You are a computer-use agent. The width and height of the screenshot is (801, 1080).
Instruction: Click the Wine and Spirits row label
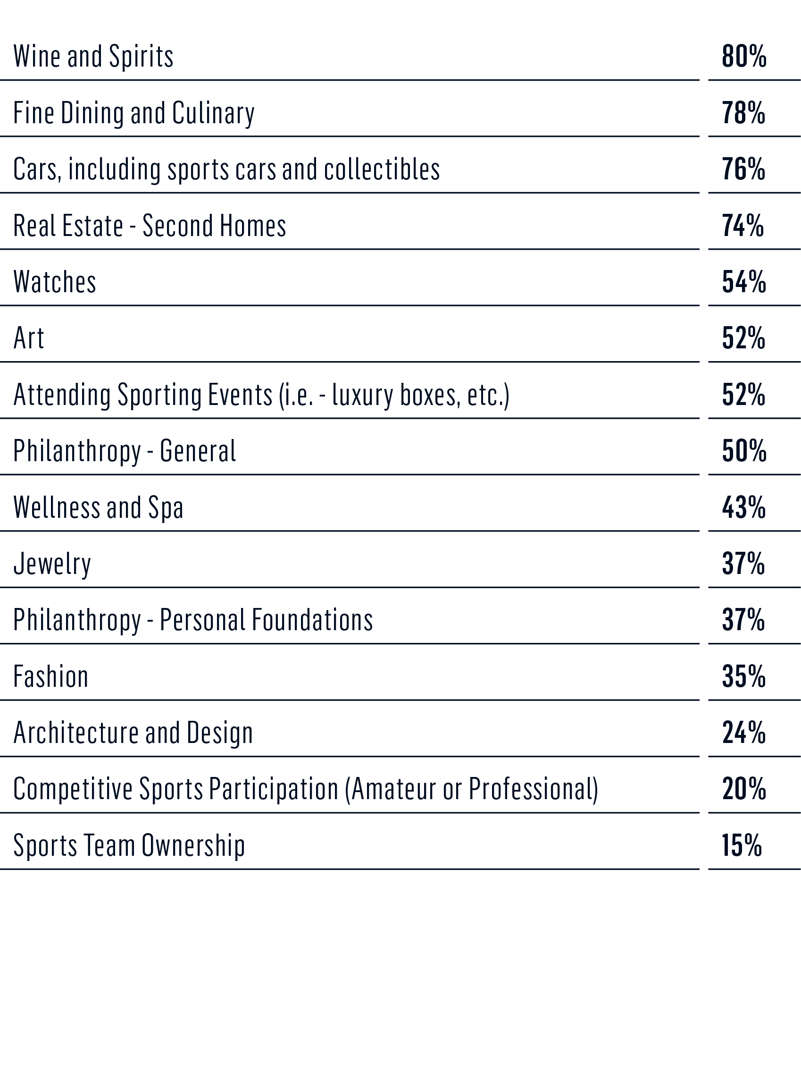(93, 56)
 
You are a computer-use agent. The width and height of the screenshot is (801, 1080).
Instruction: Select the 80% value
(744, 56)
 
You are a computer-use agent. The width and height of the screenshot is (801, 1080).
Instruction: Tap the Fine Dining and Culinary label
(133, 113)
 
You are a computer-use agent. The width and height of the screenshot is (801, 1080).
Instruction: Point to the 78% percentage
(743, 113)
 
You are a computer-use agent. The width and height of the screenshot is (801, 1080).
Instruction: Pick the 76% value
(743, 169)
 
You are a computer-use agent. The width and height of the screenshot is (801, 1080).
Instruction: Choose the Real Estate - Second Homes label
(150, 226)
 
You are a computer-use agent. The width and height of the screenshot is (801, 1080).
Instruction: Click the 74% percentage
(743, 226)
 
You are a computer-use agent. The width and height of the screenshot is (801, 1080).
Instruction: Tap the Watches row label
(55, 282)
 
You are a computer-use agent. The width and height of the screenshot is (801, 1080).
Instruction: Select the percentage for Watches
(744, 282)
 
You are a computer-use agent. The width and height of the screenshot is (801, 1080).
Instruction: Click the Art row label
(29, 338)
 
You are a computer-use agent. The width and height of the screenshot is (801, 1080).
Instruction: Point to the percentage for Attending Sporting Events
(743, 395)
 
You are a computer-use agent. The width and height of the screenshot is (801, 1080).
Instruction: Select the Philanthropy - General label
(125, 451)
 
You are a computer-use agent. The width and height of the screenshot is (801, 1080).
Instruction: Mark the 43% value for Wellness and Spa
(744, 507)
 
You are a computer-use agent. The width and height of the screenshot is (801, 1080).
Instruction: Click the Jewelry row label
(52, 564)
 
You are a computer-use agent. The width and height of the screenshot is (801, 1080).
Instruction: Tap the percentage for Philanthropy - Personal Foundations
(743, 620)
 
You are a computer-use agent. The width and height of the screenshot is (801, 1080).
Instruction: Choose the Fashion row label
(51, 676)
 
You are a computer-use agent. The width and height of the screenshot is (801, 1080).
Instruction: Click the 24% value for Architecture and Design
(744, 733)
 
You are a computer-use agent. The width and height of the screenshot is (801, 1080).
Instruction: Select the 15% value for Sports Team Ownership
(742, 845)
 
